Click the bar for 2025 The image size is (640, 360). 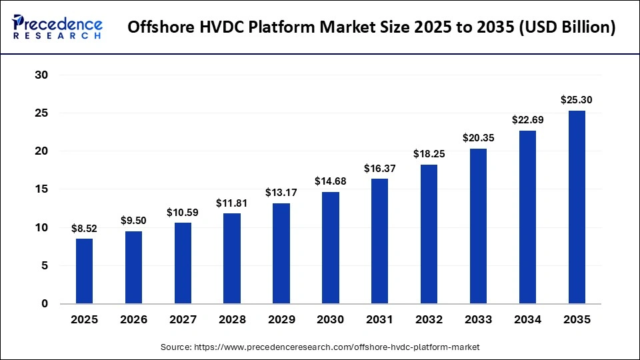click(x=84, y=271)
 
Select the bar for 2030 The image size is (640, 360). click(x=331, y=247)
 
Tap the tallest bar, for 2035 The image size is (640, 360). click(x=577, y=207)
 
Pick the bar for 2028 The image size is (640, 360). click(x=232, y=258)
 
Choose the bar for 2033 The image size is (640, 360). click(x=478, y=226)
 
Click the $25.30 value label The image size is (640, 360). click(x=577, y=100)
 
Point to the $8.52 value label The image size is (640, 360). click(x=84, y=229)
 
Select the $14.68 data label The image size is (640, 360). click(x=331, y=181)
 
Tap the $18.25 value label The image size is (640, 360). click(x=429, y=154)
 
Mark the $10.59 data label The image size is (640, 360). click(x=183, y=213)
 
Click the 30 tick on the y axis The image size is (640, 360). click(x=41, y=75)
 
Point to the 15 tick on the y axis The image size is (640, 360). click(x=41, y=189)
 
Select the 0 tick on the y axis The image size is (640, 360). click(x=45, y=304)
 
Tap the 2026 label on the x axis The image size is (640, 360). click(x=133, y=320)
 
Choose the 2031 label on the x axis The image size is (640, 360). click(x=380, y=320)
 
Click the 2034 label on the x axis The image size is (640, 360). click(x=527, y=320)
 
